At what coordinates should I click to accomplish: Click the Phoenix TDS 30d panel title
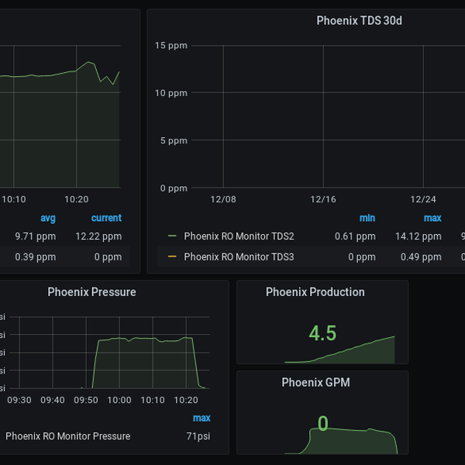359,20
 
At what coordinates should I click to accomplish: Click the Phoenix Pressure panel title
91,292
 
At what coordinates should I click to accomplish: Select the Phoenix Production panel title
315,292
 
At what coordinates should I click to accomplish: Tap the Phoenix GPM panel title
315,382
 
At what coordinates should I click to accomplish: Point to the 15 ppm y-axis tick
171,45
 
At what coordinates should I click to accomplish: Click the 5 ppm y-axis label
174,141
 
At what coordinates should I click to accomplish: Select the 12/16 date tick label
323,199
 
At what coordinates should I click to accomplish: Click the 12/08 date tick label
223,199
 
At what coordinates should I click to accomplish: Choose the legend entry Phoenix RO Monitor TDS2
239,236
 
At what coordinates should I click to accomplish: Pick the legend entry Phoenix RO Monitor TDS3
239,257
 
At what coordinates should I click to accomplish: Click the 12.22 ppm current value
98,236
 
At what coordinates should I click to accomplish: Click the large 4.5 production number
322,333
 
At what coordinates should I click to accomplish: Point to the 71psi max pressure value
198,436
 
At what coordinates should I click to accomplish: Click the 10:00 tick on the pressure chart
119,400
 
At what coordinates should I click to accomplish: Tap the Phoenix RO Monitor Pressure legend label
67,436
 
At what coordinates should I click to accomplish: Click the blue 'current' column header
106,218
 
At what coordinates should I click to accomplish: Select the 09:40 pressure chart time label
53,400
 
